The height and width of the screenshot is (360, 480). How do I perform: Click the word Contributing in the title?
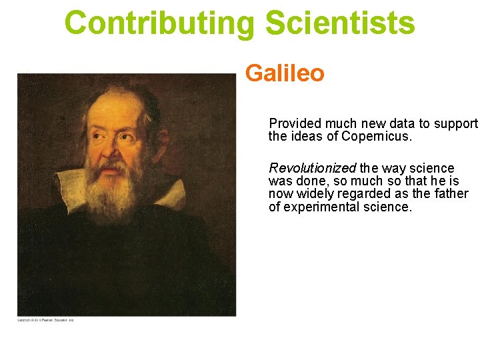point(160,23)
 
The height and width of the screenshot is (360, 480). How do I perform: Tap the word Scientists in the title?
point(340,23)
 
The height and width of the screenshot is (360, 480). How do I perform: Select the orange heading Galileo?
point(285,73)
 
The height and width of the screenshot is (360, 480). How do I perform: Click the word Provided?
point(294,123)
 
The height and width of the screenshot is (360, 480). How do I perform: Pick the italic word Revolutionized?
point(312,168)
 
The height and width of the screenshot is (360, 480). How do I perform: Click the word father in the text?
point(452,194)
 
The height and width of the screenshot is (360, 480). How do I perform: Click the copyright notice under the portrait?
point(45,321)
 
